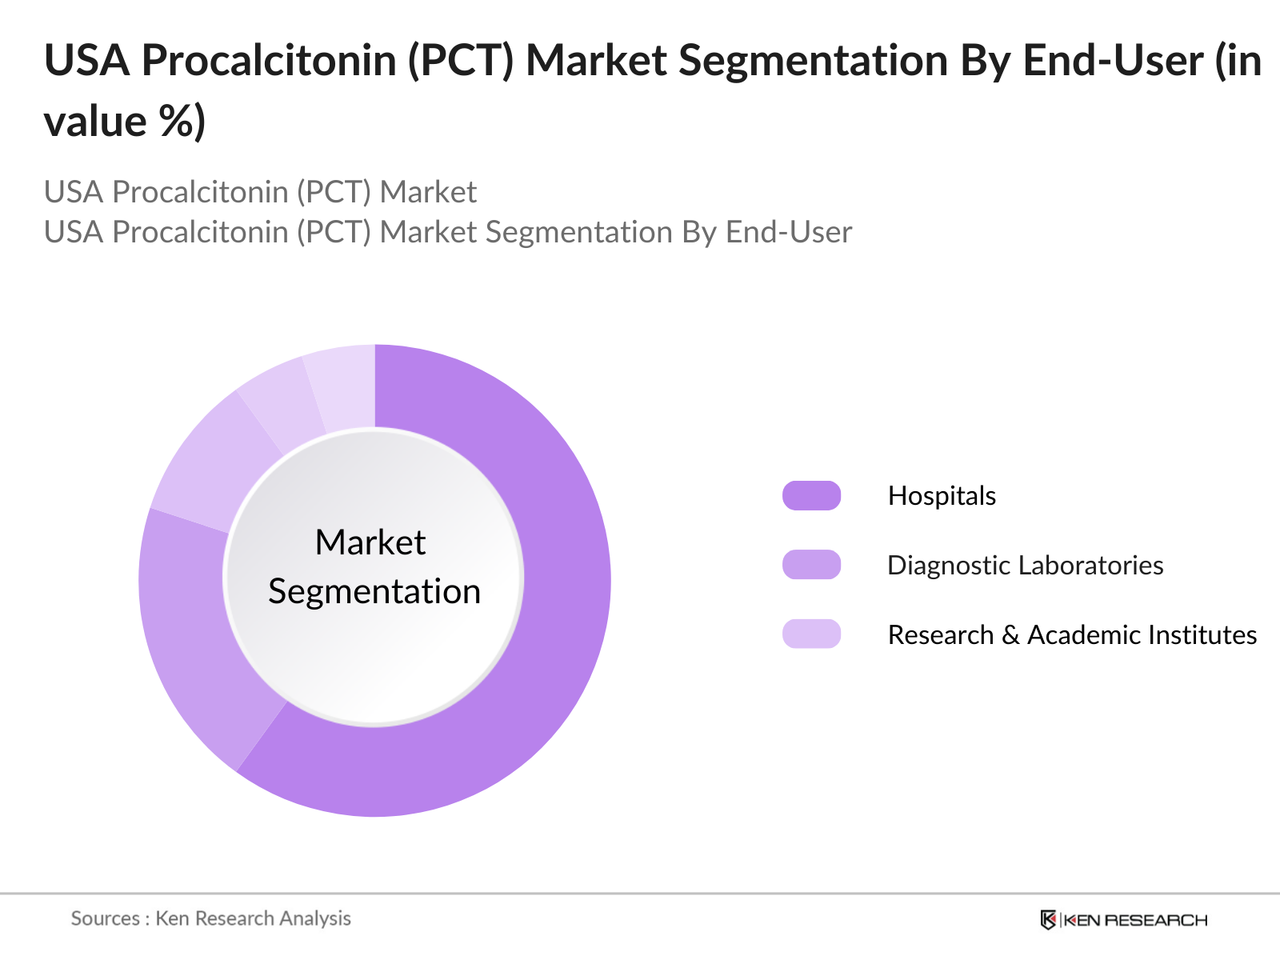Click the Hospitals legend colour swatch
pyautogui.click(x=811, y=496)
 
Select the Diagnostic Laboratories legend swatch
pyautogui.click(x=811, y=565)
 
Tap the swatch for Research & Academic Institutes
pyautogui.click(x=811, y=634)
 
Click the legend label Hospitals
pyautogui.click(x=942, y=496)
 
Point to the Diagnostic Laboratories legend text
pyautogui.click(x=1025, y=566)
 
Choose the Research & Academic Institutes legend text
pyautogui.click(x=1072, y=635)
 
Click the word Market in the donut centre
pyautogui.click(x=370, y=542)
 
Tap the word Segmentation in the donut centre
pyautogui.click(x=374, y=592)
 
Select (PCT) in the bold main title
pyautogui.click(x=460, y=61)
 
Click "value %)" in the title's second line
pyautogui.click(x=125, y=122)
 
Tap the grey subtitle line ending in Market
pyautogui.click(x=260, y=192)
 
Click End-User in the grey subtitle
pyautogui.click(x=788, y=232)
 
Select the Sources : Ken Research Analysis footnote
pyautogui.click(x=211, y=918)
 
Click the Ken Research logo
pyautogui.click(x=1123, y=920)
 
